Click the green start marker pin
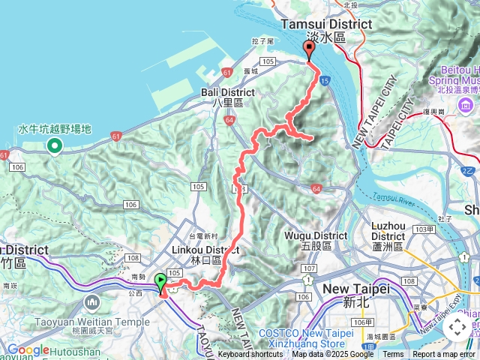(x=160, y=283)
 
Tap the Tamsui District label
(x=325, y=25)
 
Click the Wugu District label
(x=315, y=235)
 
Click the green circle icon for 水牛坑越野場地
(x=54, y=145)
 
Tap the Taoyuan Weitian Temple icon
(x=91, y=301)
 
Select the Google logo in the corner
(x=28, y=349)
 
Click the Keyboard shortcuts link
(x=250, y=355)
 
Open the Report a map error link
(x=444, y=355)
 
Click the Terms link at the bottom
(x=393, y=355)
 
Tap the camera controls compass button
(x=457, y=328)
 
